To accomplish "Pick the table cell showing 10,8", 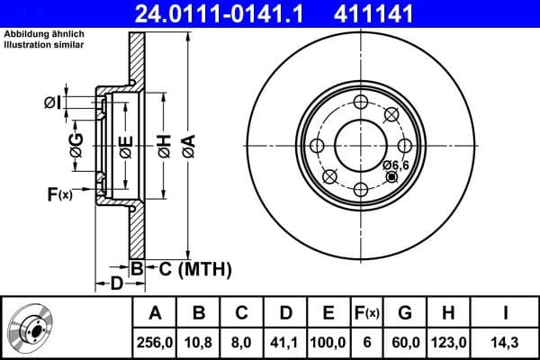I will [x=199, y=342].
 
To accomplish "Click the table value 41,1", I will [x=285, y=342].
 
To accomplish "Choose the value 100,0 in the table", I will [x=328, y=342].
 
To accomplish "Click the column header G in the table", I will [x=404, y=312].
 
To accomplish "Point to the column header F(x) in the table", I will [x=366, y=312].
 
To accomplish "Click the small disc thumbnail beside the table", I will [x=29, y=328].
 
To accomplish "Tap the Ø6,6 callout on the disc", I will [x=396, y=165].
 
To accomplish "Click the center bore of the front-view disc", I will [x=360, y=146].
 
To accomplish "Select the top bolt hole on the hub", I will [x=360, y=102].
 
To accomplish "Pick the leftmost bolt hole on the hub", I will [x=316, y=146].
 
